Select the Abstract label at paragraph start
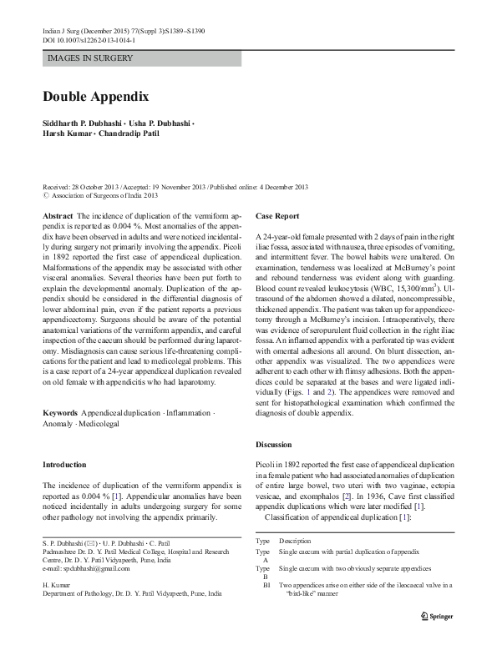[58, 215]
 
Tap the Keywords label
[60, 413]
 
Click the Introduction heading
[64, 464]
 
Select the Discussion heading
[273, 444]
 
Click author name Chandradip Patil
[139, 133]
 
